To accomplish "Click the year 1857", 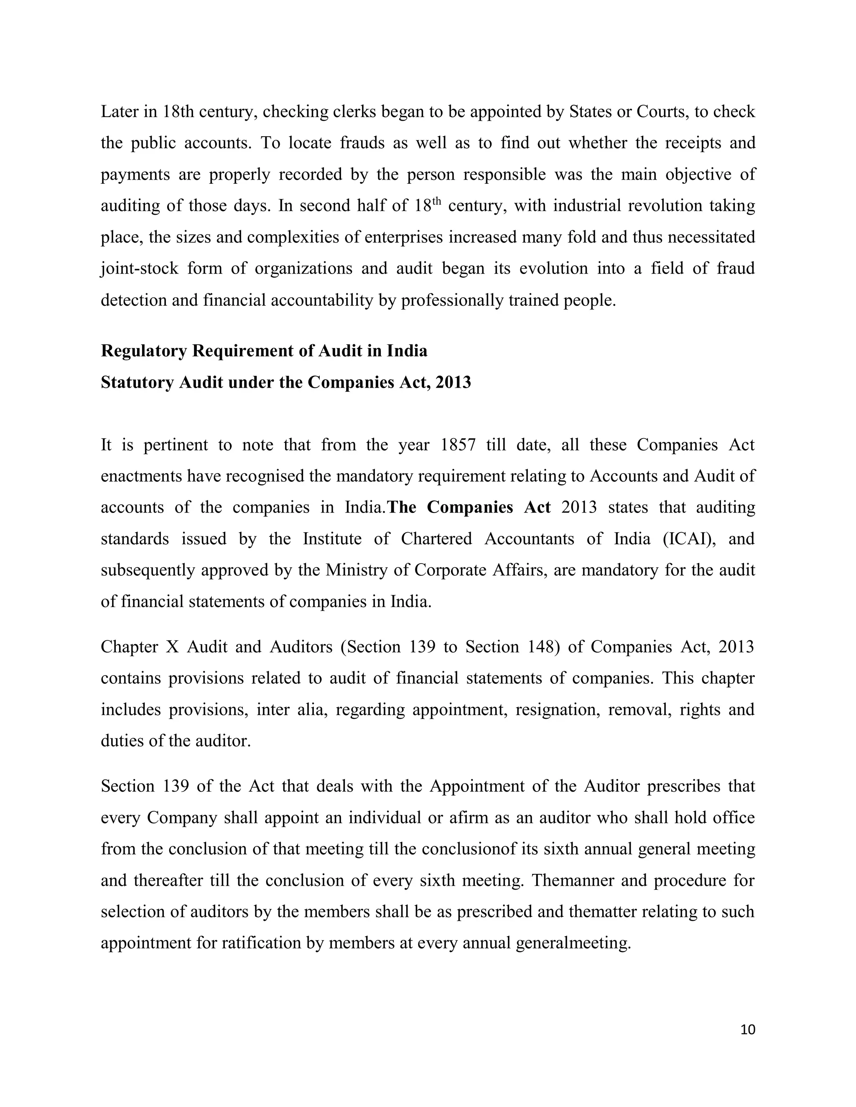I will [x=458, y=444].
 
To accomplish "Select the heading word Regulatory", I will [x=144, y=351].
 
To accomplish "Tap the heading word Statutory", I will [x=138, y=382].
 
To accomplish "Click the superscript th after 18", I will [x=437, y=201].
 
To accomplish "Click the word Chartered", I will [x=436, y=538].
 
